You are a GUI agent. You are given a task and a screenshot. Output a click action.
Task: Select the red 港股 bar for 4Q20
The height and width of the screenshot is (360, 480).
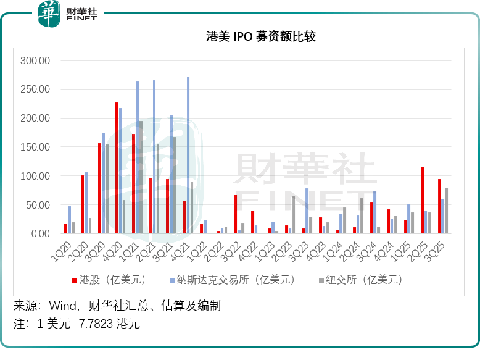pyautogui.click(x=117, y=167)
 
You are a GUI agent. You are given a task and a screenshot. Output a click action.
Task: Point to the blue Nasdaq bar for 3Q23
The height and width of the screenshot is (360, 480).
pyautogui.click(x=307, y=211)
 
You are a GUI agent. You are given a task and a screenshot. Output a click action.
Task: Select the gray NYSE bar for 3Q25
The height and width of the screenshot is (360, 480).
pyautogui.click(x=446, y=211)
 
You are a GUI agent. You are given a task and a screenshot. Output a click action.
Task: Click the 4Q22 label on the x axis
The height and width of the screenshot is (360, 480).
pyautogui.click(x=250, y=248)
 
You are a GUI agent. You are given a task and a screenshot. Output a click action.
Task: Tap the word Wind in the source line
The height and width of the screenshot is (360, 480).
pyautogui.click(x=62, y=306)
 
